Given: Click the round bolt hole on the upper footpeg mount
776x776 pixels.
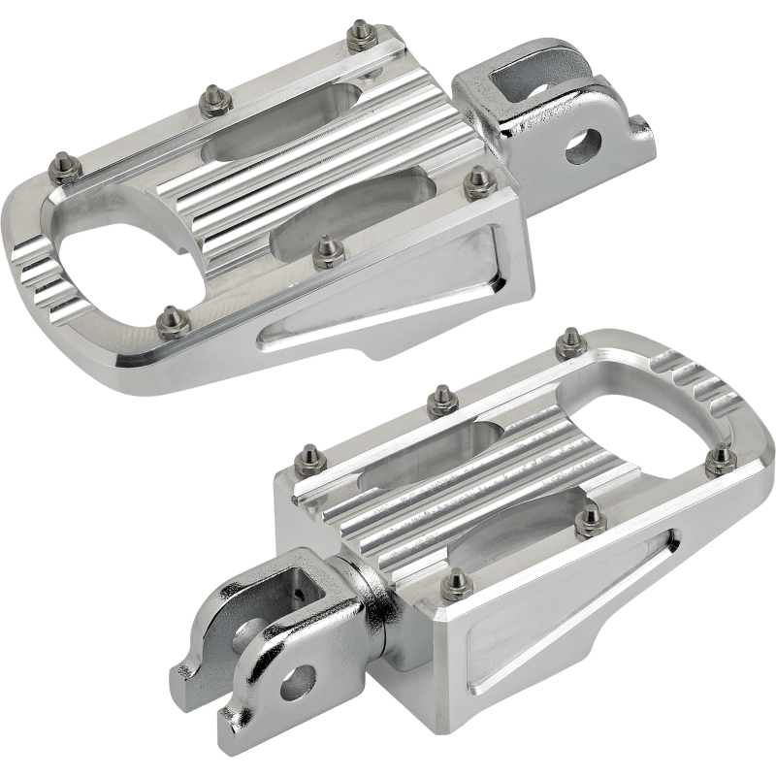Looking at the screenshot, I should pyautogui.click(x=584, y=143).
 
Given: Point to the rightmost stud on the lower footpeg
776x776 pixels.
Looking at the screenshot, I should pyautogui.click(x=719, y=458).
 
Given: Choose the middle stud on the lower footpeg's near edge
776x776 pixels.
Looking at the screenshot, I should pyautogui.click(x=587, y=524).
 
